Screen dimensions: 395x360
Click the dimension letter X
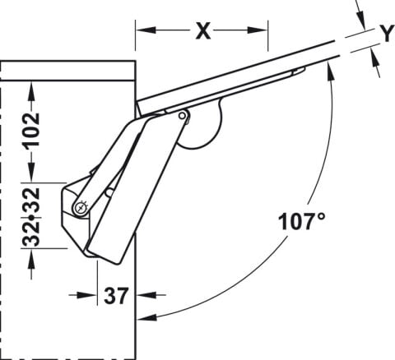pyautogui.click(x=203, y=31)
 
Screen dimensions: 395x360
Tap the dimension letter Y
pyautogui.click(x=387, y=34)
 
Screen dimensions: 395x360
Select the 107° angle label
pyautogui.click(x=302, y=221)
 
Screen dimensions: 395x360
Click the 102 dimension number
pyautogui.click(x=32, y=132)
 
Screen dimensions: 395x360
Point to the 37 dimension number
pyautogui.click(x=116, y=296)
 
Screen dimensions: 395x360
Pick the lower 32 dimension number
pyautogui.click(x=31, y=233)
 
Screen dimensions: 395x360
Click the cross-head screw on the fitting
pyautogui.click(x=81, y=208)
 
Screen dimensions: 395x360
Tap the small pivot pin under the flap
pyautogui.click(x=182, y=116)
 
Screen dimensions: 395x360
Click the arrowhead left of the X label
pyautogui.click(x=146, y=30)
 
